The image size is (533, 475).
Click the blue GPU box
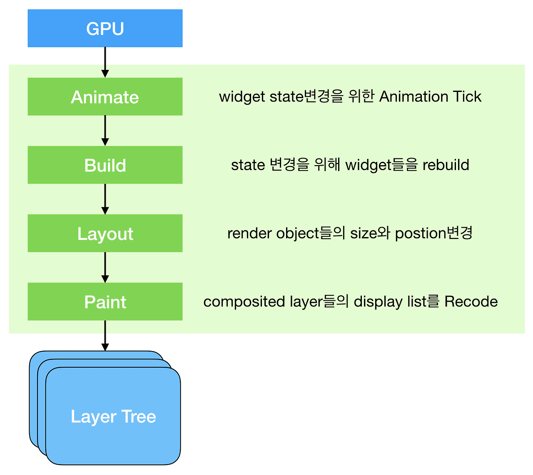[105, 28]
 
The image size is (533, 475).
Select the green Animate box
[105, 96]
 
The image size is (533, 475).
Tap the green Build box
[105, 165]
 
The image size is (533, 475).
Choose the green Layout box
[105, 233]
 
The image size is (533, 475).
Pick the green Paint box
[105, 302]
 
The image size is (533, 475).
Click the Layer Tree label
[113, 416]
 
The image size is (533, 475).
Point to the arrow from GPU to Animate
[105, 62]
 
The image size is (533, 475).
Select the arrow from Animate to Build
[105, 130]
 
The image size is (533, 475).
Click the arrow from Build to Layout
[105, 199]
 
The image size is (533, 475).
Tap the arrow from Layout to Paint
[105, 267]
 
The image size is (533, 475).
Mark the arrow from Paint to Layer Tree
[105, 335]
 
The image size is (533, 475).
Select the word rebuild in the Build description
[446, 165]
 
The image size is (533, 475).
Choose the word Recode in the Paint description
[471, 302]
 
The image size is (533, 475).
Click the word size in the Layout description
[363, 233]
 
